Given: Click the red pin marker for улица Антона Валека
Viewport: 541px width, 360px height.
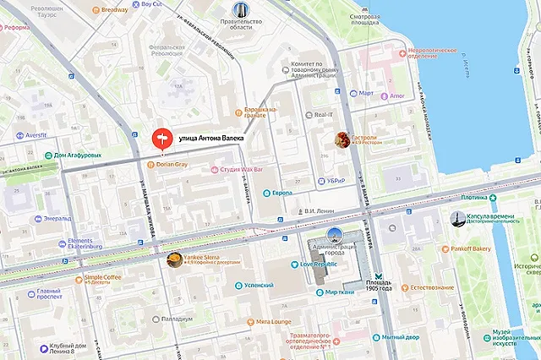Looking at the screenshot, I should coord(161,138).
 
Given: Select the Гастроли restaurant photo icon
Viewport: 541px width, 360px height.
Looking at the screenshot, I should coord(343,139).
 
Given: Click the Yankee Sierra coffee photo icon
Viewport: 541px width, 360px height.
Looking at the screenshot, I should coord(172,260).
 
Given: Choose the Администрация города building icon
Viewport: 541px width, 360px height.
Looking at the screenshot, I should coord(335,235).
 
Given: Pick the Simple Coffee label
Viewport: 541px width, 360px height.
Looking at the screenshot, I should coord(101,277).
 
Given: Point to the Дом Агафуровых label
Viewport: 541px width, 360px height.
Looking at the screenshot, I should coord(83,155).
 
